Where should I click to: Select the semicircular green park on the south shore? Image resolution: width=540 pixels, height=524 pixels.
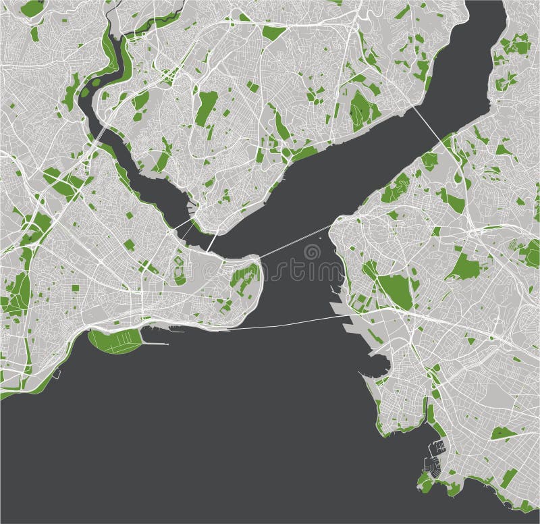115,340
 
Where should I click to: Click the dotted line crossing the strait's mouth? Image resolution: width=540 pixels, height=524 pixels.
294,242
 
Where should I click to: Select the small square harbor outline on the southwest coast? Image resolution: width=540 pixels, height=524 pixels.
57,373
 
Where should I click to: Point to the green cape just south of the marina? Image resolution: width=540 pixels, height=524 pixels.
425,481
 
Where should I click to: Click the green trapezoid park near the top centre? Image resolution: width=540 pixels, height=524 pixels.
273,32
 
